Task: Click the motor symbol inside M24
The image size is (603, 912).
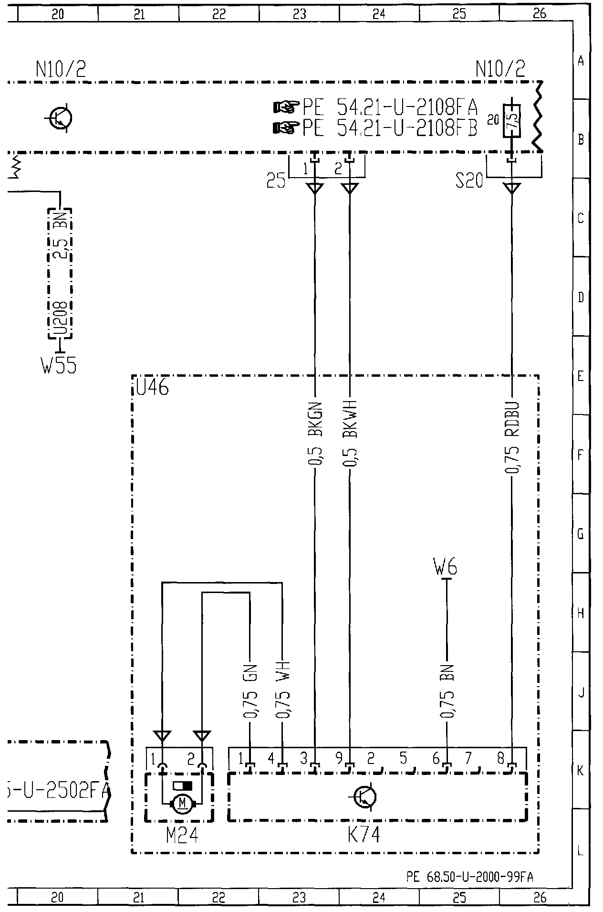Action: tap(182, 805)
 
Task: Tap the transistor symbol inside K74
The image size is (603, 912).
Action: tap(365, 797)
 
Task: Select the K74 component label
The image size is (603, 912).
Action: tap(364, 835)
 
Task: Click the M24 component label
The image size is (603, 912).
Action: tap(182, 835)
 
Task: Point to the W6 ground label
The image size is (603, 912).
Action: tap(446, 568)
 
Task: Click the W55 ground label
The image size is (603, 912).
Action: tap(59, 366)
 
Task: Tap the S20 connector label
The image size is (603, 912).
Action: tap(469, 181)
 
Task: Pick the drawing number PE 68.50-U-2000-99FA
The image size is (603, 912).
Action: tap(470, 877)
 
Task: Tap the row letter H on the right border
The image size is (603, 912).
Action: tap(581, 613)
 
